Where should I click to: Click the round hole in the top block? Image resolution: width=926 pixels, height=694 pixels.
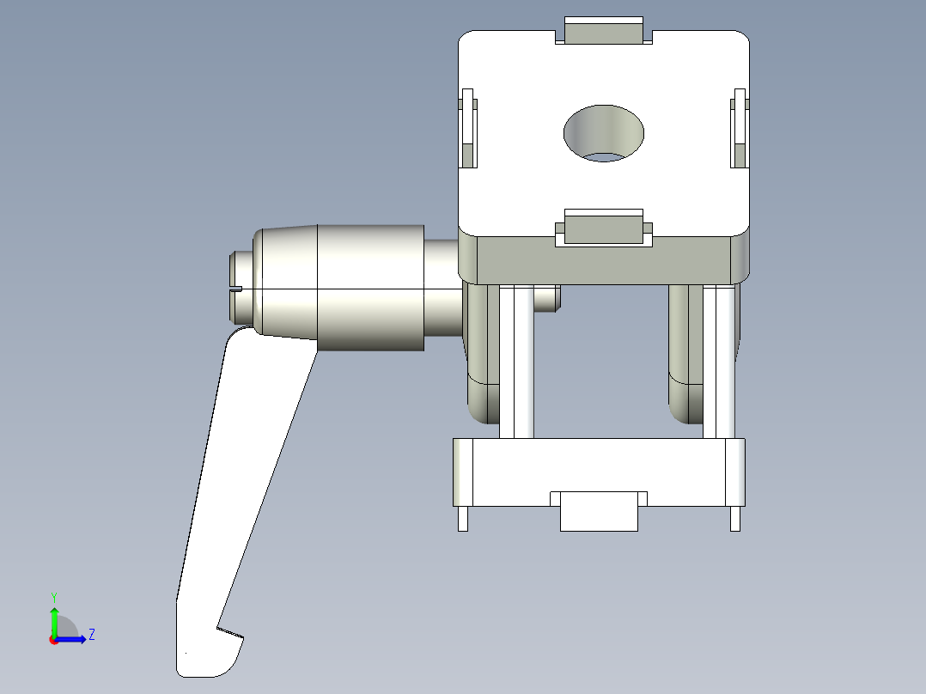[x=604, y=133]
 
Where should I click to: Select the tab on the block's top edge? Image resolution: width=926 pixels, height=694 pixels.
[x=603, y=31]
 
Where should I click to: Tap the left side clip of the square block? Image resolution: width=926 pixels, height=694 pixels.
[x=468, y=128]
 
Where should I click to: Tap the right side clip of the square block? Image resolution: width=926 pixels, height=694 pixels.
[x=739, y=128]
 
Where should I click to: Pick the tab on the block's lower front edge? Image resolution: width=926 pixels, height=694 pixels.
[x=603, y=228]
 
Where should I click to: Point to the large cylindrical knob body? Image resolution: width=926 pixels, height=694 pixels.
[x=370, y=288]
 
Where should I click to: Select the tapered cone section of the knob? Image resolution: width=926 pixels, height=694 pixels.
[x=287, y=283]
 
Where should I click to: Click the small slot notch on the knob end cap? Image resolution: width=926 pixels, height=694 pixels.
[x=236, y=289]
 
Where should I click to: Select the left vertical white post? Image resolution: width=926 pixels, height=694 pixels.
[x=517, y=361]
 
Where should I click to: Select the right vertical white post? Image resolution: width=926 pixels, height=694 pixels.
[x=719, y=361]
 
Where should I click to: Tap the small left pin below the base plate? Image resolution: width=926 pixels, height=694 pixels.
[x=463, y=519]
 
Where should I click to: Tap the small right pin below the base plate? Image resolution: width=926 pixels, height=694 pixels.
[x=735, y=519]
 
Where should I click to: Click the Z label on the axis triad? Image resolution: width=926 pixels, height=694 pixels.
[x=91, y=635]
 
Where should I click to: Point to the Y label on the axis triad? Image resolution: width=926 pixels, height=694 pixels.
[x=53, y=597]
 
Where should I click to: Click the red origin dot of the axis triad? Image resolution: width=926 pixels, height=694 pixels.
[x=54, y=640]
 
